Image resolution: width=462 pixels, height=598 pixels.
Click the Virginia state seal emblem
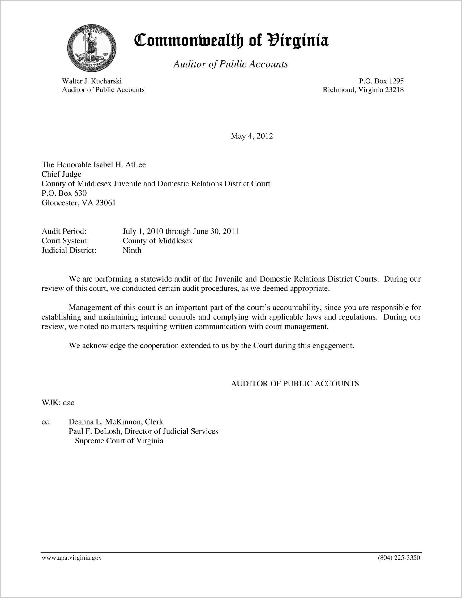pyautogui.click(x=92, y=48)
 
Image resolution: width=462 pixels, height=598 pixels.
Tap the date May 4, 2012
pyautogui.click(x=252, y=136)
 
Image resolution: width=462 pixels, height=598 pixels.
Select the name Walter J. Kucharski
pyautogui.click(x=92, y=81)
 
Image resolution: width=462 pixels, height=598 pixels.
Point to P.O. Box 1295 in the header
pyautogui.click(x=381, y=81)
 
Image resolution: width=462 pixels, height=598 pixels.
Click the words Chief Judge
pyautogui.click(x=61, y=174)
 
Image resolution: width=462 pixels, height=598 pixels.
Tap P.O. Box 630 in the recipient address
pyautogui.click(x=64, y=193)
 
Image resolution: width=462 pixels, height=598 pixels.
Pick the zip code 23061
pyautogui.click(x=105, y=203)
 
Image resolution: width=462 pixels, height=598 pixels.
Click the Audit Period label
pyautogui.click(x=64, y=231)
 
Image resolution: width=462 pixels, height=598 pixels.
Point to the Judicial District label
pyautogui.click(x=69, y=251)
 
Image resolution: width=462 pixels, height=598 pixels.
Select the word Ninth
pyautogui.click(x=132, y=251)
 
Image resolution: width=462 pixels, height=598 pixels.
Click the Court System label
pyautogui.click(x=65, y=241)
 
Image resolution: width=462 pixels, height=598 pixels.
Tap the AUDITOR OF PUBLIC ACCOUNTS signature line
pyautogui.click(x=295, y=384)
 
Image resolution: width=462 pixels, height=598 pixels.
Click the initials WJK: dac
pyautogui.click(x=58, y=403)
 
